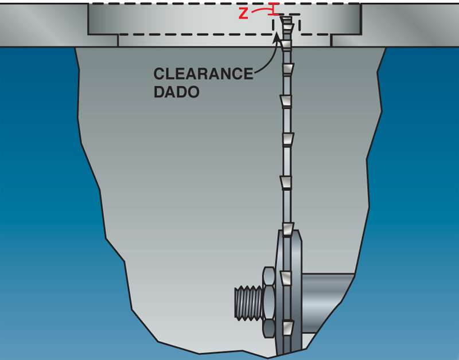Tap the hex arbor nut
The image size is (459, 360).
click(269, 303)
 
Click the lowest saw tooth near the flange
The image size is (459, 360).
click(289, 329)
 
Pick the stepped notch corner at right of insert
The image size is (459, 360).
click(332, 40)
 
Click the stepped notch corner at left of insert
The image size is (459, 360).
click(118, 40)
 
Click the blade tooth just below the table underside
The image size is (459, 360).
click(287, 70)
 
